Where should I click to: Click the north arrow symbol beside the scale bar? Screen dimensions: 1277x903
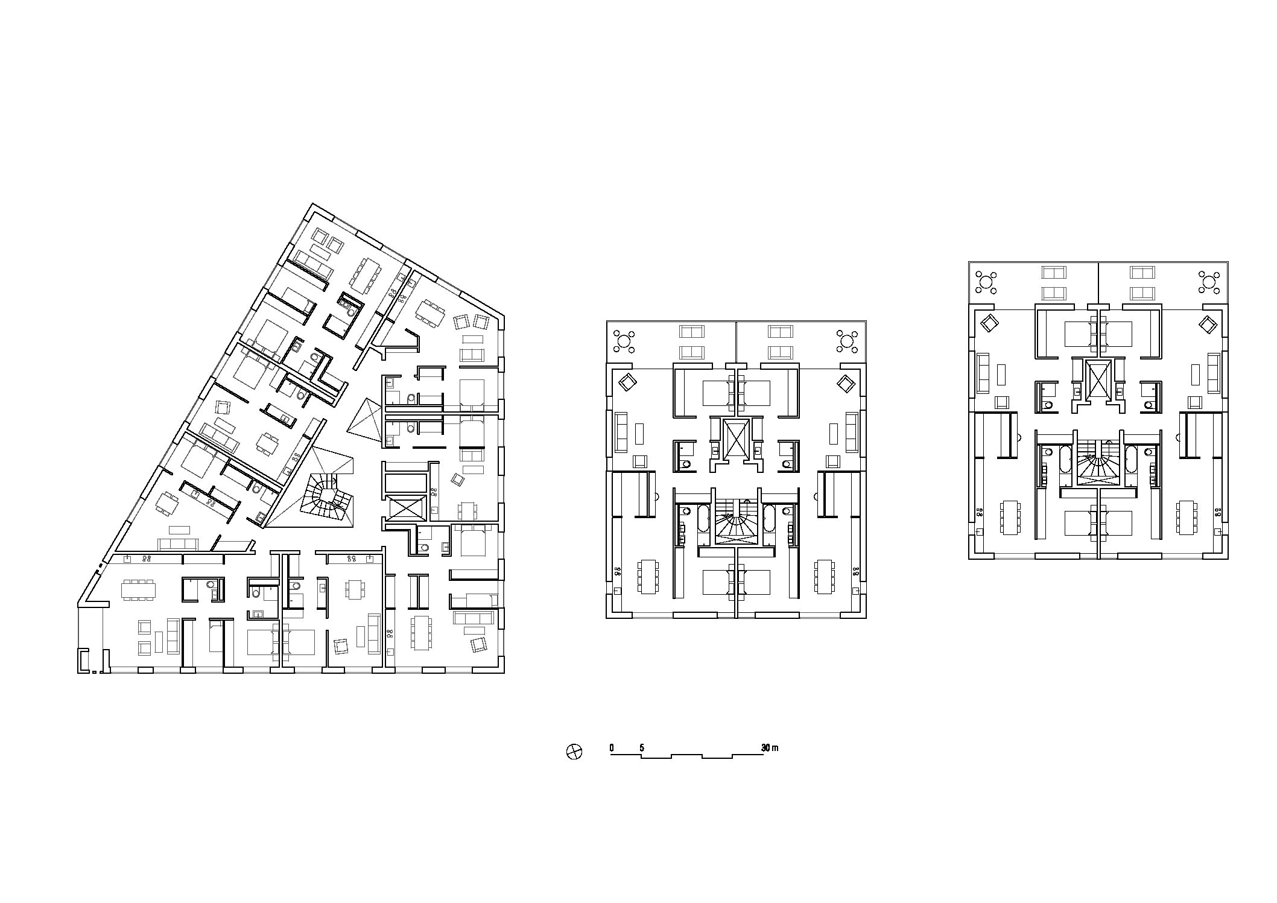(574, 752)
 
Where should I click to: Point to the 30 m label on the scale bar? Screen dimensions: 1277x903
(770, 748)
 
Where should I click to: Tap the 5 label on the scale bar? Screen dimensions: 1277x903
(642, 748)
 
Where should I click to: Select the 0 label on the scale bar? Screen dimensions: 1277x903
(611, 748)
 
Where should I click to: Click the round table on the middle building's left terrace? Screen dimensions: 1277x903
(624, 341)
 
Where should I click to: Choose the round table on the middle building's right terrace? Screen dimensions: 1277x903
(848, 341)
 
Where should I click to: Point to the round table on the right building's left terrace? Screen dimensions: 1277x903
(987, 282)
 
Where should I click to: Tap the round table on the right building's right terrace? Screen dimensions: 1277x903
(1209, 282)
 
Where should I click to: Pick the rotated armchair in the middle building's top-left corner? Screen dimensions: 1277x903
(627, 383)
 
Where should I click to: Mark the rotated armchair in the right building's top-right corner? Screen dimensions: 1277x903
(1206, 325)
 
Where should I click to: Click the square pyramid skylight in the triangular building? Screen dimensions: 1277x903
(365, 417)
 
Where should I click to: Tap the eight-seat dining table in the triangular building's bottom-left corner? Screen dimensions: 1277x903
(139, 589)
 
